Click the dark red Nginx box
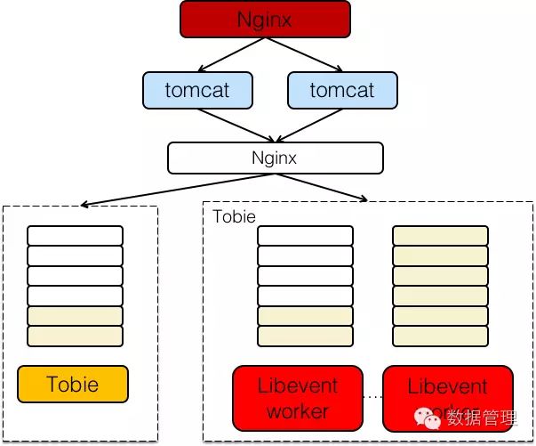pyautogui.click(x=265, y=19)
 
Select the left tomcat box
pyautogui.click(x=197, y=90)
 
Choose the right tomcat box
pyautogui.click(x=342, y=90)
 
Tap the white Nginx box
pyautogui.click(x=275, y=158)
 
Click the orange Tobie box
pyautogui.click(x=73, y=385)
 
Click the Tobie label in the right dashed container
pyautogui.click(x=235, y=217)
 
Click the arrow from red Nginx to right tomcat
pyautogui.click(x=314, y=55)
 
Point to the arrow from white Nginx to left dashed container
pyautogui.click(x=169, y=190)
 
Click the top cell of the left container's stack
pyautogui.click(x=75, y=236)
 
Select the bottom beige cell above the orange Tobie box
pyautogui.click(x=75, y=337)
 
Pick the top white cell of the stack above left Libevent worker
pyautogui.click(x=305, y=236)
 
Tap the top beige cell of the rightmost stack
pyautogui.click(x=441, y=236)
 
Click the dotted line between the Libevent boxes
pyautogui.click(x=372, y=397)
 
